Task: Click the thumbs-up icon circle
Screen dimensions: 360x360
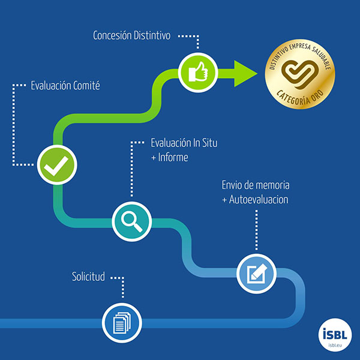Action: pyautogui.click(x=198, y=73)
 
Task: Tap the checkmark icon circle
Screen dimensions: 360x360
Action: pyautogui.click(x=57, y=164)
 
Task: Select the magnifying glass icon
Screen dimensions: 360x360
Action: pyautogui.click(x=131, y=221)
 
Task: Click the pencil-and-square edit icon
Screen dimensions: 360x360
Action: pyautogui.click(x=257, y=274)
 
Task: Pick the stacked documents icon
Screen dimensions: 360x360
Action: pyautogui.click(x=122, y=323)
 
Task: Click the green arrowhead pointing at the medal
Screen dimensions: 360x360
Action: pyautogui.click(x=245, y=73)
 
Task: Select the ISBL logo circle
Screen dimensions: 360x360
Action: pyautogui.click(x=335, y=335)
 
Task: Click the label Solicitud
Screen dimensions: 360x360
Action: pyautogui.click(x=88, y=277)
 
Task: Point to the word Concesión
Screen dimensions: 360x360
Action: pyautogui.click(x=112, y=35)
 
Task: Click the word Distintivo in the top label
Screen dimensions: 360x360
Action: pyautogui.click(x=152, y=35)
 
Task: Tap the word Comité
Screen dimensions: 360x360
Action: pyautogui.click(x=86, y=85)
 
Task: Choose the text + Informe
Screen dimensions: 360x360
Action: pyautogui.click(x=170, y=157)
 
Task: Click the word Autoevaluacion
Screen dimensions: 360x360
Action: pyautogui.click(x=259, y=199)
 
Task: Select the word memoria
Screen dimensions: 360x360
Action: pyautogui.click(x=272, y=185)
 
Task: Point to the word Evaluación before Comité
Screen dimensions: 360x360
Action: pyautogui.click(x=51, y=85)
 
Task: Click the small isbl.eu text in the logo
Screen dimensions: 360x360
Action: pyautogui.click(x=335, y=346)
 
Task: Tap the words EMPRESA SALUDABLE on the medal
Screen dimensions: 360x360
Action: pyautogui.click(x=313, y=54)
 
